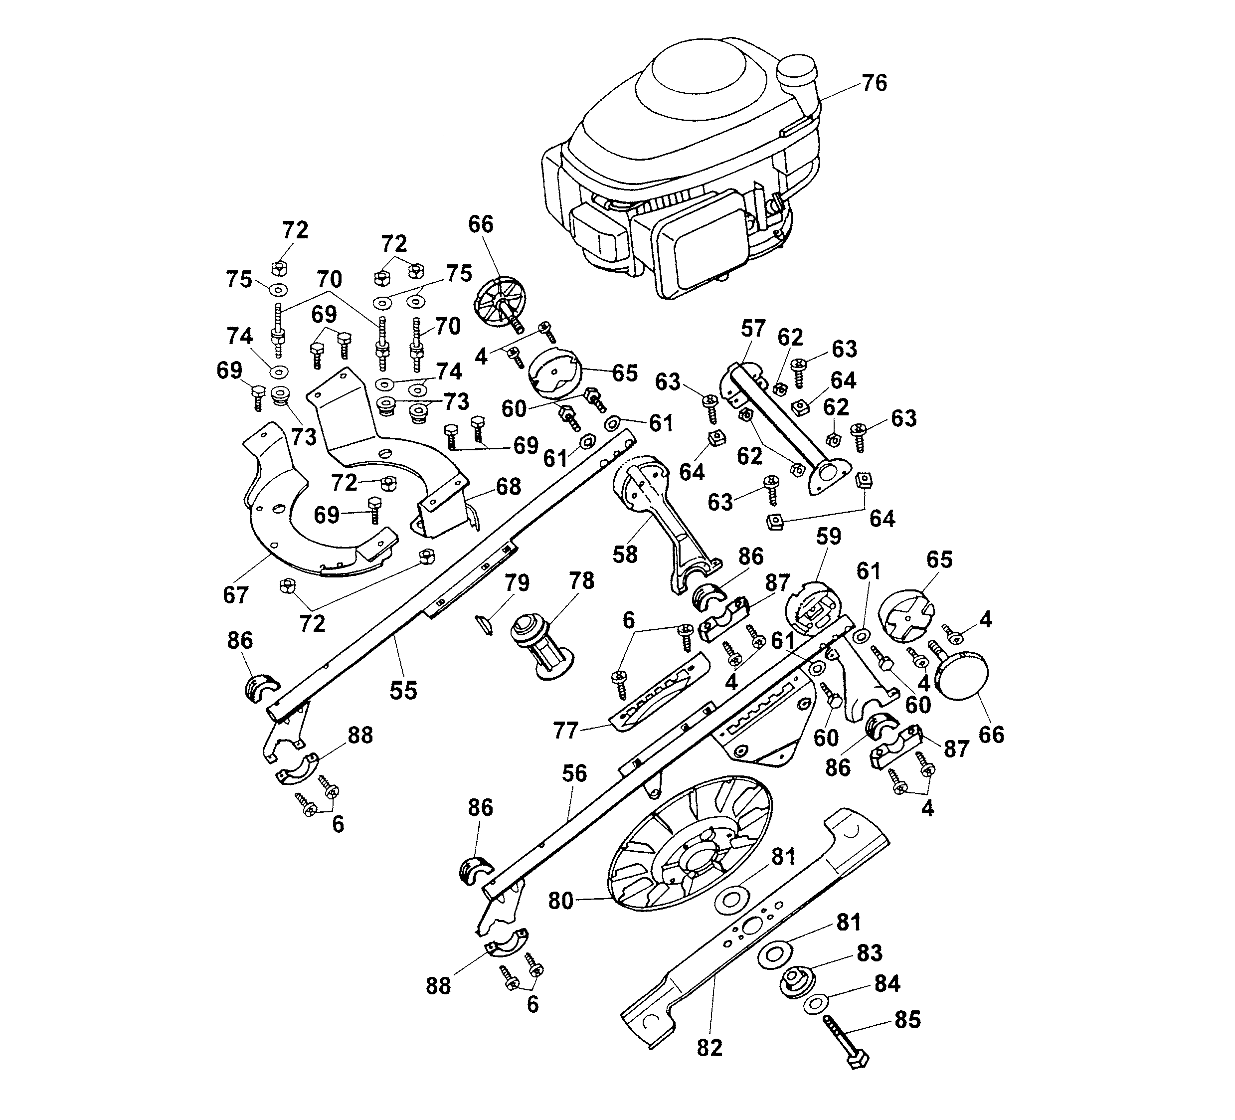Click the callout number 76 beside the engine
(x=874, y=83)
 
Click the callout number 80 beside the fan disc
(x=560, y=901)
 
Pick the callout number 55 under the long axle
(x=403, y=691)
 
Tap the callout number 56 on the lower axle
(x=574, y=773)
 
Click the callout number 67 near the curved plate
(x=236, y=594)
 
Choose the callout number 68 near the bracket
(x=509, y=487)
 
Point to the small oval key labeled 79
(x=484, y=625)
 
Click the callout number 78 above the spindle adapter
(x=581, y=580)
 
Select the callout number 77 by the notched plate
(x=565, y=731)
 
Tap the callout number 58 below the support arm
(x=625, y=555)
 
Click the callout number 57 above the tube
(x=753, y=329)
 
